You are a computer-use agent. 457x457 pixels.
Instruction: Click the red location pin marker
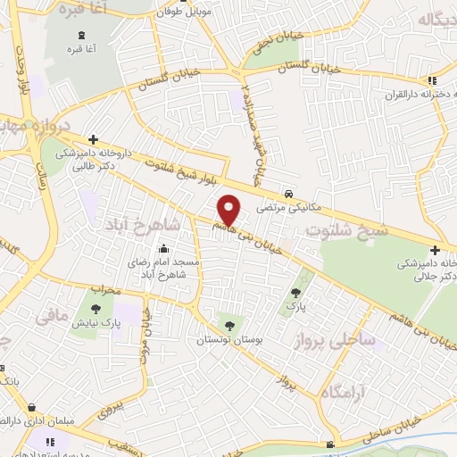[229, 210]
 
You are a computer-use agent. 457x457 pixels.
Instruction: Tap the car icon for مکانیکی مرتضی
[288, 194]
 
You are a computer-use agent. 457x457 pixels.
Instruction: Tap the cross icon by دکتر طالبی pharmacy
[93, 139]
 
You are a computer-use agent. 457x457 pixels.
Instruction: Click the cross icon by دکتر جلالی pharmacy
[434, 251]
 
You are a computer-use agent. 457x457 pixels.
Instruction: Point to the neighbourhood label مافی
[52, 315]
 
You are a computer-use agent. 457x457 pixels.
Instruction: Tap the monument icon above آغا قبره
[83, 33]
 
